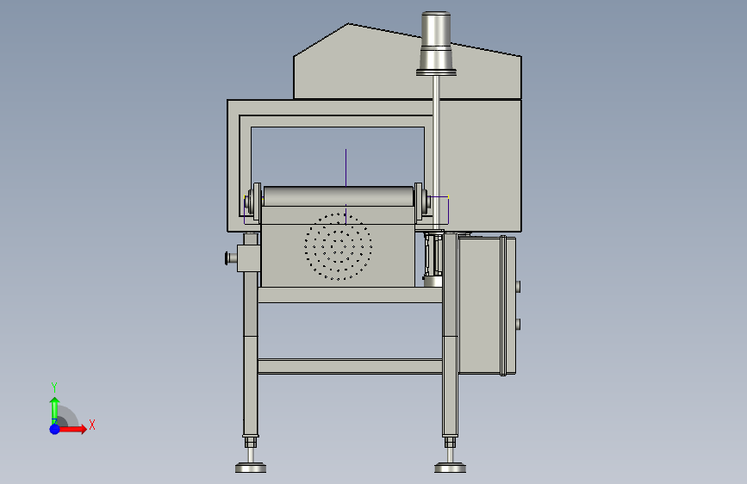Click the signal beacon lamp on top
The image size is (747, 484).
(436, 43)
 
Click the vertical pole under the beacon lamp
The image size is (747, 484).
(436, 152)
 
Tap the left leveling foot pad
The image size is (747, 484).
(251, 468)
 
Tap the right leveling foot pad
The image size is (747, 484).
(451, 468)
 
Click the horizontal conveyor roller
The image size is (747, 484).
(339, 196)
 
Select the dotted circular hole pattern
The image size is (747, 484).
(339, 246)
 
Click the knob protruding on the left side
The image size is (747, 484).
(231, 258)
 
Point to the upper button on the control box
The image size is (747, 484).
(518, 287)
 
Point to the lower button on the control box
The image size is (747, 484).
(518, 325)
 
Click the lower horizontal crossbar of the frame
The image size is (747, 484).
(350, 366)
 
